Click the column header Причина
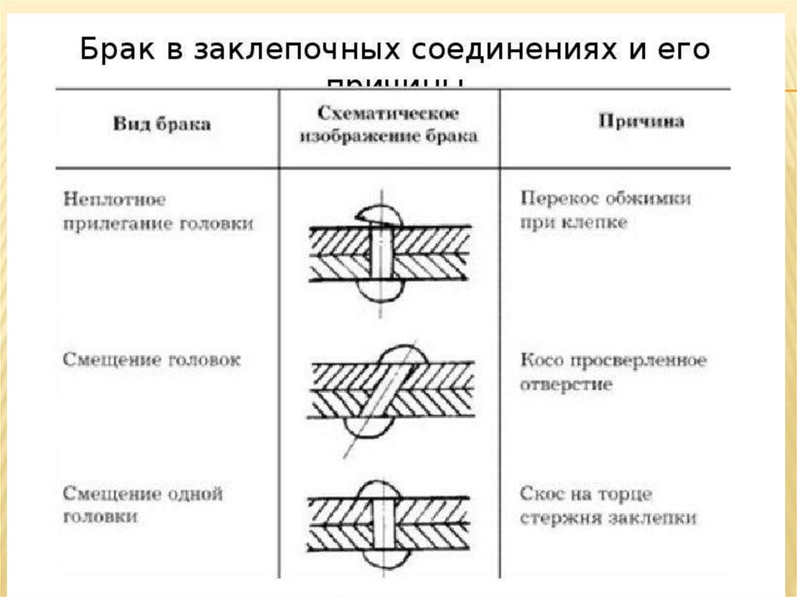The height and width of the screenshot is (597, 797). tap(641, 122)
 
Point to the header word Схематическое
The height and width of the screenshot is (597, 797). tap(387, 113)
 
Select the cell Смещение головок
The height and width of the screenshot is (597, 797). tap(151, 360)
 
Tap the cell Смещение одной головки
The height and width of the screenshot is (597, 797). tap(142, 505)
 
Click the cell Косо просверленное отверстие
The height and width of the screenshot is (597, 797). tap(613, 373)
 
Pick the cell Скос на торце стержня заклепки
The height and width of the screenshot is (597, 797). tap(608, 506)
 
